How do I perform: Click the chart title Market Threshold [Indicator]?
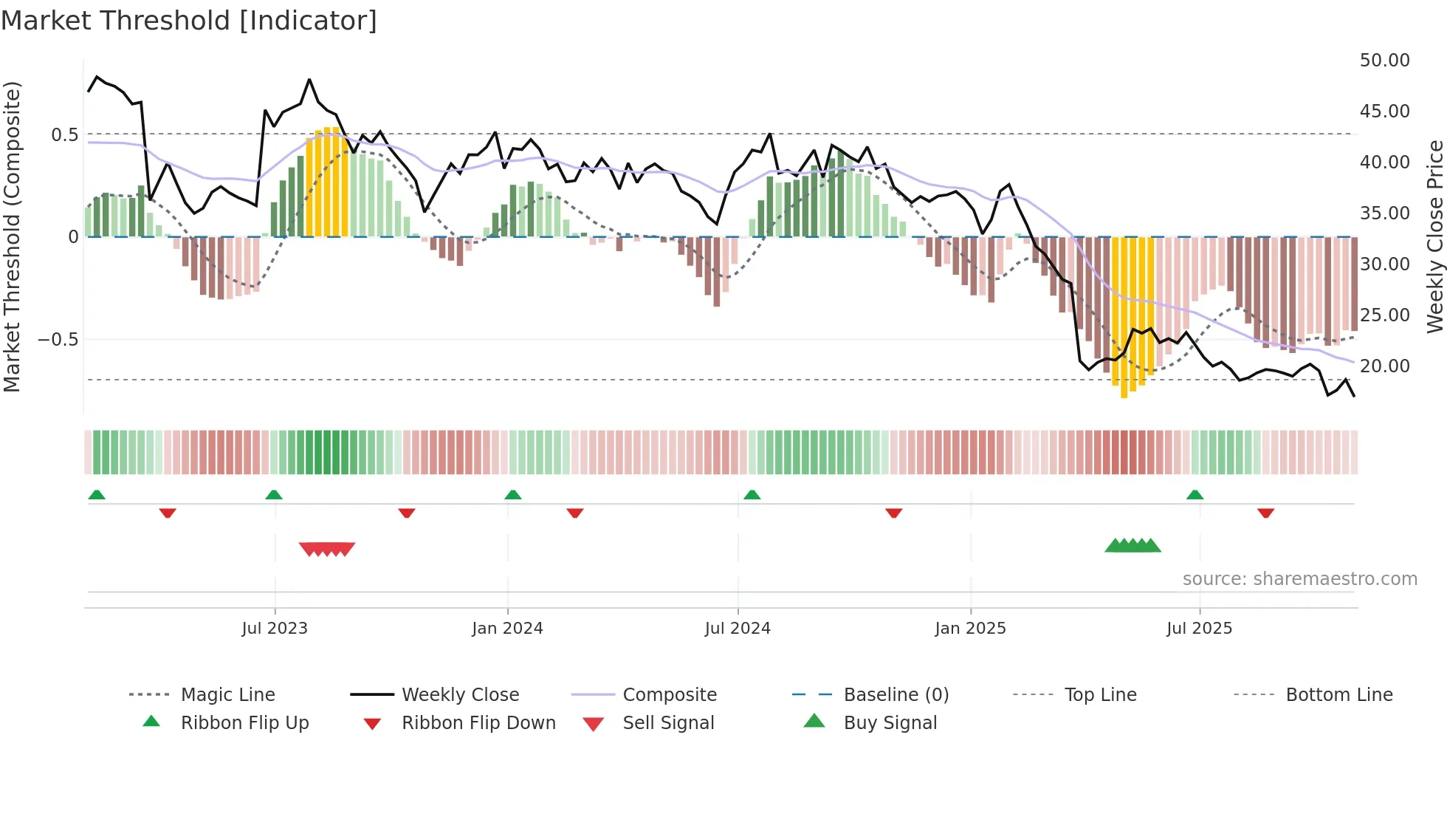coord(189,21)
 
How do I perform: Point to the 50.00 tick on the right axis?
coord(1384,61)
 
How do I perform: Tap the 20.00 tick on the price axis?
coord(1384,366)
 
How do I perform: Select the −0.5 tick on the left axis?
coord(58,340)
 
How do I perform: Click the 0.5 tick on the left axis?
coord(64,135)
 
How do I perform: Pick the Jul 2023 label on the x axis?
coord(275,629)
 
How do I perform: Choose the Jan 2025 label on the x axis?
coord(970,629)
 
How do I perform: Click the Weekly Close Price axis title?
coord(1434,236)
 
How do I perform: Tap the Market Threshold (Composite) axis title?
coord(12,236)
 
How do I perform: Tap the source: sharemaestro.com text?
coord(1299,579)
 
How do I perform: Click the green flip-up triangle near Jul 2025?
coord(1195,495)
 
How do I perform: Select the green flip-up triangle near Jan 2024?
coord(513,495)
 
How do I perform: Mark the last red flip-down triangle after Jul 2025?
coord(1266,513)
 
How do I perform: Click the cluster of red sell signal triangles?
coord(327,549)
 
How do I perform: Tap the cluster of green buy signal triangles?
coord(1132,546)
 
